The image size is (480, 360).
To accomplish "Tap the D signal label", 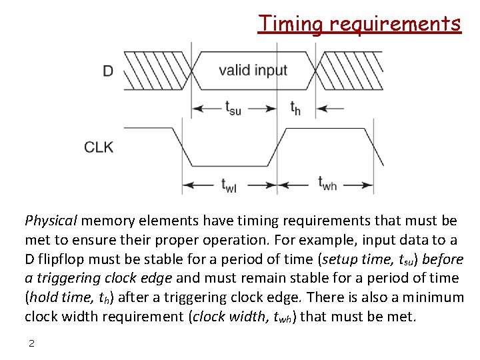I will (107, 70).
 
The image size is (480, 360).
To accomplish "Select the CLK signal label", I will (99, 147).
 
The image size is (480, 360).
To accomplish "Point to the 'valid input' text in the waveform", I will (253, 70).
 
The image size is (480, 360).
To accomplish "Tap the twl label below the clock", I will (229, 185).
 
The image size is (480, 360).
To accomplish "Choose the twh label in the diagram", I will (327, 183).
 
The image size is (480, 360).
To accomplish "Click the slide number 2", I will (31, 343).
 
